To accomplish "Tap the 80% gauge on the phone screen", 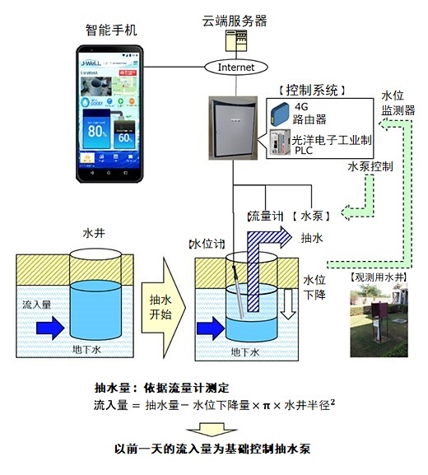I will pyautogui.click(x=98, y=129).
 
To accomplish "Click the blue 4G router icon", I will pyautogui.click(x=279, y=110).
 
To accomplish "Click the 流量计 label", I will pyautogui.click(x=266, y=216).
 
